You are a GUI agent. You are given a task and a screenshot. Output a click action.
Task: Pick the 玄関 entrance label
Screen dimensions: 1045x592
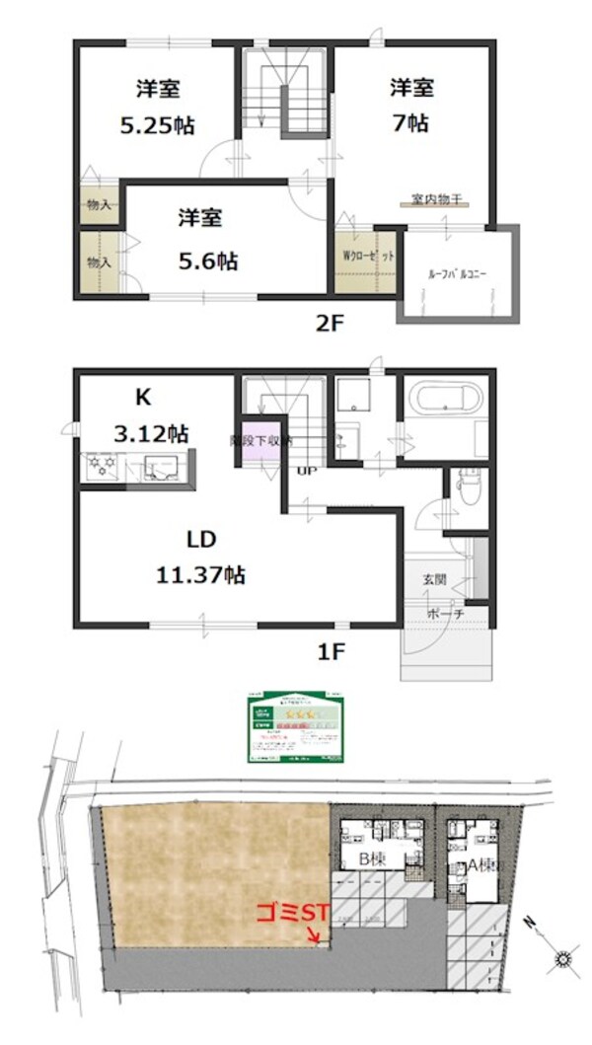click(435, 581)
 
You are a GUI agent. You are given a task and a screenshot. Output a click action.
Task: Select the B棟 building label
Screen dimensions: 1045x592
click(371, 858)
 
